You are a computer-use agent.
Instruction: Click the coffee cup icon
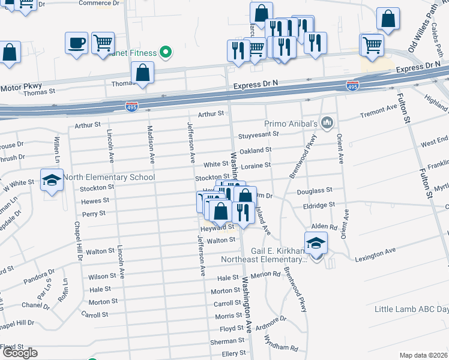77,43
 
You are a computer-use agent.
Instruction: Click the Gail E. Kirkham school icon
316,243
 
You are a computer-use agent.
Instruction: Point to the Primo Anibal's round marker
327,123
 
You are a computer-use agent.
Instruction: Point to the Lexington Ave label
375,252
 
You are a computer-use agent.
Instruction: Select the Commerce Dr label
95,3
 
